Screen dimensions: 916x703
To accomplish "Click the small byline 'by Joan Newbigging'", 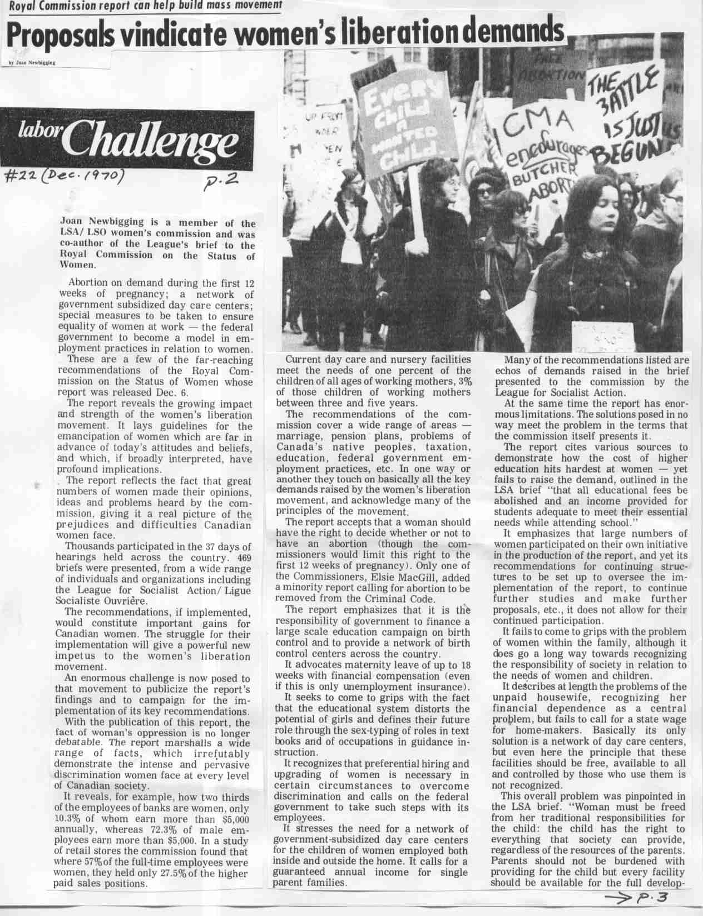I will tap(32, 62).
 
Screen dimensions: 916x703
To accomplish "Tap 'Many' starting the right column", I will tap(515, 360).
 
